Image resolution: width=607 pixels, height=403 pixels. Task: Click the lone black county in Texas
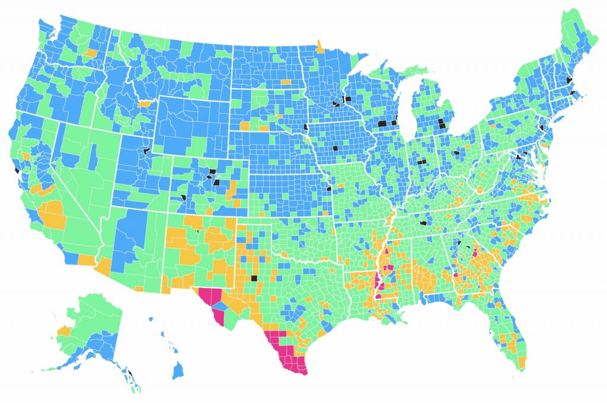254,277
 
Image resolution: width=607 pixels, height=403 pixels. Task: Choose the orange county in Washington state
91,53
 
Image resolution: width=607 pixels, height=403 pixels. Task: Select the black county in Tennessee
423,223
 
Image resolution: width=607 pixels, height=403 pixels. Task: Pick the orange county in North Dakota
286,81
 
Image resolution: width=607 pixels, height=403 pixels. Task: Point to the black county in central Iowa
335,148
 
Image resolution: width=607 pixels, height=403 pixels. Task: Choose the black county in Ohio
456,153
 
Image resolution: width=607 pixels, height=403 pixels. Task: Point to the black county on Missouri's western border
328,188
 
